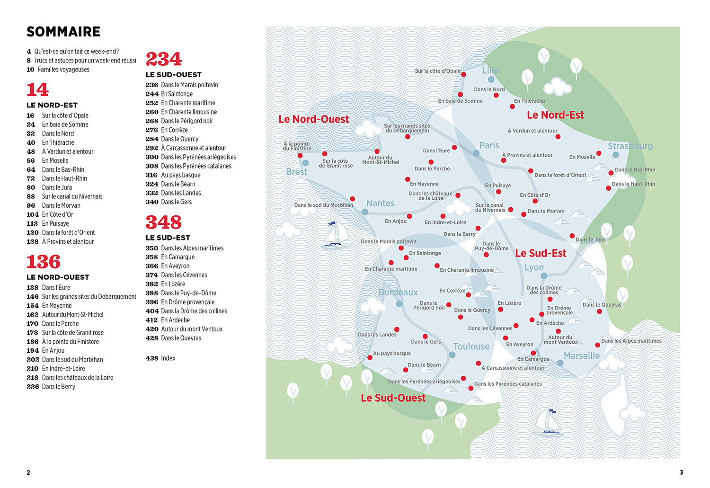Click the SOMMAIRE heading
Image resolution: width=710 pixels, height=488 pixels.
coord(63,32)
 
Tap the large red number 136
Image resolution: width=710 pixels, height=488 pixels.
coord(44,262)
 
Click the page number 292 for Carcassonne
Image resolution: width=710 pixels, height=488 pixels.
coord(152,148)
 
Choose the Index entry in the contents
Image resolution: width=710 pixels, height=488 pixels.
coord(168,358)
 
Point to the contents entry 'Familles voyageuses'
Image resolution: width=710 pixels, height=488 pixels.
coord(63,70)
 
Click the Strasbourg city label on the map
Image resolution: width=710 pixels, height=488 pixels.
coord(630,146)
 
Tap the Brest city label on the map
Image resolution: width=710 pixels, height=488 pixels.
coord(297,172)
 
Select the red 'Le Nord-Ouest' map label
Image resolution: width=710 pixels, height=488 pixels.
coord(313,119)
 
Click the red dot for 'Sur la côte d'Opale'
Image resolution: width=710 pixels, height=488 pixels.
coord(463,75)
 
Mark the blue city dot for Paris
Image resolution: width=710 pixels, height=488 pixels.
coord(476,153)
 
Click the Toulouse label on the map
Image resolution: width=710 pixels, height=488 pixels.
coord(471,346)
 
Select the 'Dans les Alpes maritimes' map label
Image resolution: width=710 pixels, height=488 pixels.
coord(631,341)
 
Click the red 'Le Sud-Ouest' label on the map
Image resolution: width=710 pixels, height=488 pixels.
coord(393,398)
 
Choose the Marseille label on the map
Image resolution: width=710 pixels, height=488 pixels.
coord(582,356)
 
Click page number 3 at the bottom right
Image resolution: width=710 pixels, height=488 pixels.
coord(682,472)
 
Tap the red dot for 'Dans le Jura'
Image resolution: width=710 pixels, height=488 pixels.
coord(572,236)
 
